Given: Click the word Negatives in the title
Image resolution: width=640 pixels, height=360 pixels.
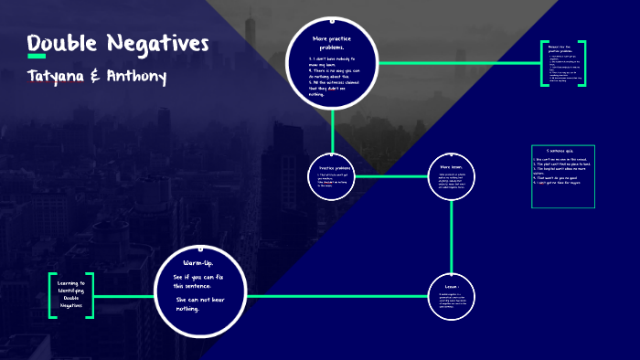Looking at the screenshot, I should pos(157,43).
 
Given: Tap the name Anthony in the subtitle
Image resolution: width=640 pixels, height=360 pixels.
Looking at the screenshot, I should pos(135,76).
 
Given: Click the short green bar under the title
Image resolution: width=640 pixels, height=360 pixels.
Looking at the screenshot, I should pos(37,57).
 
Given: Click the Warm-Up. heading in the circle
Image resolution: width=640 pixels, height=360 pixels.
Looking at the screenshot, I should pos(198,263).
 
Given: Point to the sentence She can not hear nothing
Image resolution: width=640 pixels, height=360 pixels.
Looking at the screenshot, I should pos(200,303).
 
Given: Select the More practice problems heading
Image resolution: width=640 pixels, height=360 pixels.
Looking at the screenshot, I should pos(333,43).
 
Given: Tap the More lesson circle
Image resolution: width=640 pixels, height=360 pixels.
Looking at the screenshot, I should pos(452,175).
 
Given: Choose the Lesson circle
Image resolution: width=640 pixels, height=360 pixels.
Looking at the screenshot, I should pos(452,296).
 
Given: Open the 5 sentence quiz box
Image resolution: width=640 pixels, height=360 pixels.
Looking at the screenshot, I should pos(562,176).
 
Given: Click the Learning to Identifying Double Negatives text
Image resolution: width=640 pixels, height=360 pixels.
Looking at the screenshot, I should pos(70,294).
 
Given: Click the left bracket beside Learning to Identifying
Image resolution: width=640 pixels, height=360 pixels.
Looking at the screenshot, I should pos(51,294).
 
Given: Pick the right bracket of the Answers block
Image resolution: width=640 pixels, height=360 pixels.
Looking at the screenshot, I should pos(583,63).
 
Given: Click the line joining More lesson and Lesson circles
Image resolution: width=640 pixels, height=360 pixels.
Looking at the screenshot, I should pos(452,236).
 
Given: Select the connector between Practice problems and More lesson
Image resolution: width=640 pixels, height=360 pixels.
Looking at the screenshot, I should pos(391,175).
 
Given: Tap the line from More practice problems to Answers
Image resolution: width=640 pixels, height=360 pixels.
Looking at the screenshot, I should pos(457,63).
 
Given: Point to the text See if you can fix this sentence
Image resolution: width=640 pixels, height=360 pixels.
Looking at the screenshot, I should pos(199,281).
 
